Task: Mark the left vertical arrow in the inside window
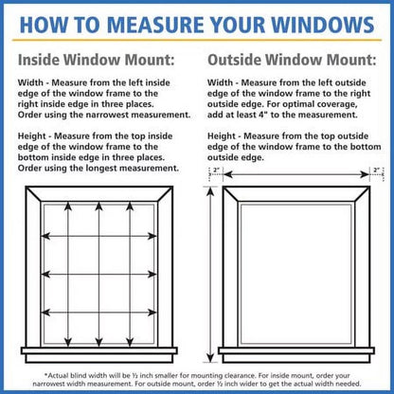tap(67, 275)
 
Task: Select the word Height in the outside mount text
tap(224, 134)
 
